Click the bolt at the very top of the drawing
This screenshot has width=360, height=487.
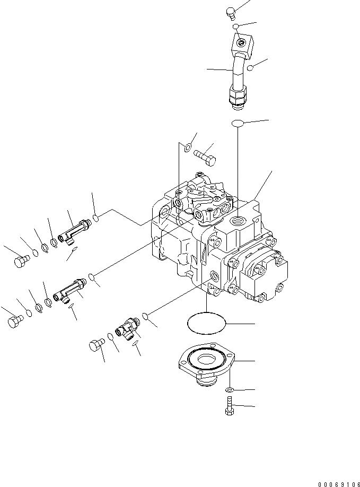[231, 12]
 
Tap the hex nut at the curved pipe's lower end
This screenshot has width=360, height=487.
[237, 99]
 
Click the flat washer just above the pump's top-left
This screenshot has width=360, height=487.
[186, 148]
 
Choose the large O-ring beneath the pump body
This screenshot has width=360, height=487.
[206, 323]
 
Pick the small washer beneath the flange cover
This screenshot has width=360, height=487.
[229, 390]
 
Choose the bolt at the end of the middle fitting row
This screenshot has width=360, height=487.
[15, 321]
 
